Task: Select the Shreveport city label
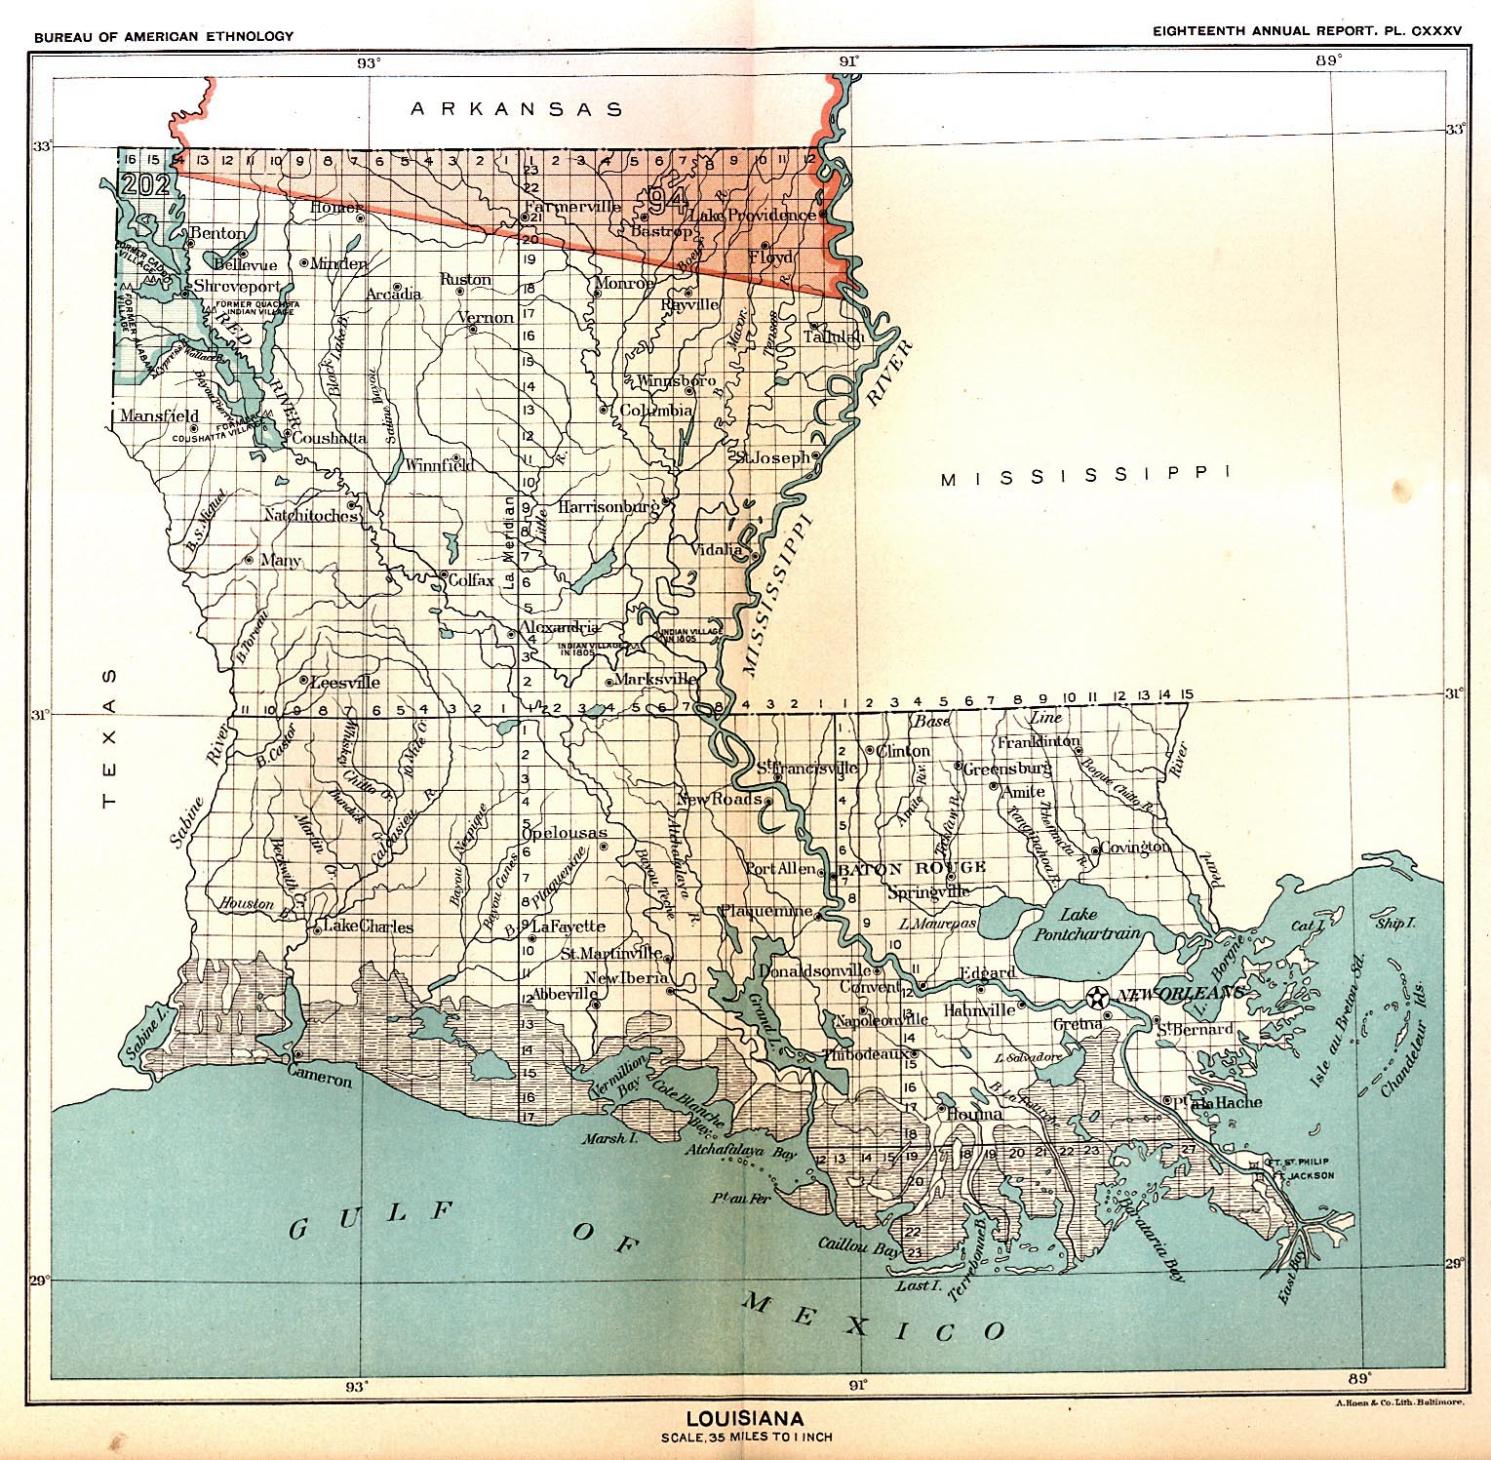pos(237,287)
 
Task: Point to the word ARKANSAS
pos(517,109)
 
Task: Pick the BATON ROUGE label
pos(912,867)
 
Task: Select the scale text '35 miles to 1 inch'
pos(746,1437)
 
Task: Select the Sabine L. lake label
pos(145,1035)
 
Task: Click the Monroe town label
pos(623,283)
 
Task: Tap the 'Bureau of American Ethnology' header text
pos(163,36)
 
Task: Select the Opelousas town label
pos(565,832)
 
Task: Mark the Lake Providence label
pos(752,215)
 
